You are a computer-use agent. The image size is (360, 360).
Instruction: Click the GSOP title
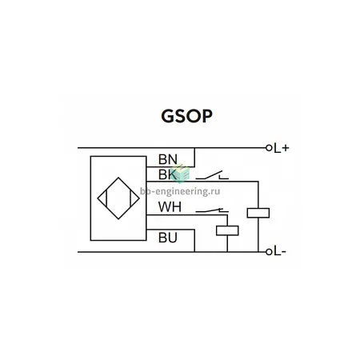coord(186,116)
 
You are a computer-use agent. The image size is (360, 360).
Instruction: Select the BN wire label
coord(168,159)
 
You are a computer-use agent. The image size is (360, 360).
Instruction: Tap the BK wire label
coord(167,174)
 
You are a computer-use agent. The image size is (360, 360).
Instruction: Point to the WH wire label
coord(170,207)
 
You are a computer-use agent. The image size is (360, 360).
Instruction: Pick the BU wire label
coord(168,238)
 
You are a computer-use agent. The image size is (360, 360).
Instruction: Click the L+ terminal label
coord(282,148)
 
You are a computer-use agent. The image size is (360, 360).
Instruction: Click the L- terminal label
coord(280,252)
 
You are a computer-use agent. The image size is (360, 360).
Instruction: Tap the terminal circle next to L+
coord(269,148)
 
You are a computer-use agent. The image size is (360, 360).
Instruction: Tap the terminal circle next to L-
coord(269,252)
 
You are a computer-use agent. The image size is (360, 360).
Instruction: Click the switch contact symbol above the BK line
coord(212,175)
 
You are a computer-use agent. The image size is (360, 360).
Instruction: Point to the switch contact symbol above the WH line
coord(212,210)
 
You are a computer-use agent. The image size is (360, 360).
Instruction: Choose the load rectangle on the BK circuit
coord(258,213)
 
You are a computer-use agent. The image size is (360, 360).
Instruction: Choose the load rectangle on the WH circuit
coord(227,230)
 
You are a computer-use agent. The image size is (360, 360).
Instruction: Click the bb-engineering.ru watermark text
coord(180,191)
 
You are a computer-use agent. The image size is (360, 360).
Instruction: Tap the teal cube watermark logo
coord(181,174)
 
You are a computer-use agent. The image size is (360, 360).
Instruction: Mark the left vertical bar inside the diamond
coord(106,198)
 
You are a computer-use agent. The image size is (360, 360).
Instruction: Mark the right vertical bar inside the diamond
coord(130,198)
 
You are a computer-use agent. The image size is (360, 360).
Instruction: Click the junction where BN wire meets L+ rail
coord(194,148)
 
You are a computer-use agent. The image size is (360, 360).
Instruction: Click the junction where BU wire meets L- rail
coord(194,252)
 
